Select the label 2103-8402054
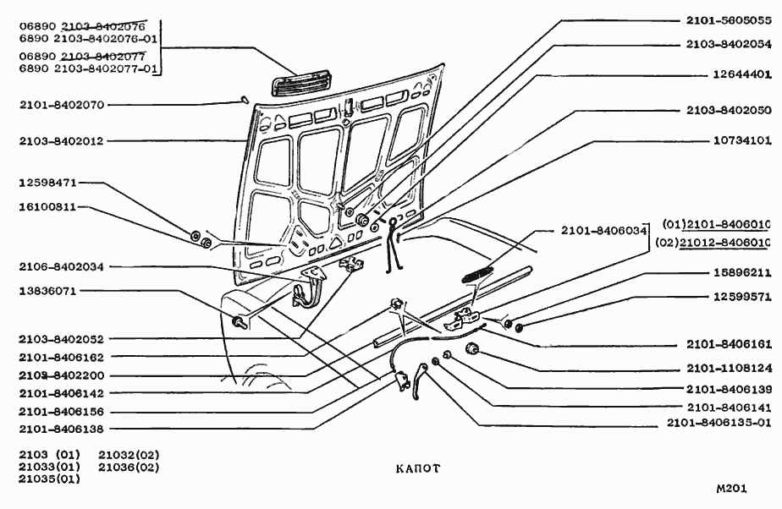click(x=728, y=43)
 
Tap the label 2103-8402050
click(x=728, y=110)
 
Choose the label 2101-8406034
click(x=603, y=230)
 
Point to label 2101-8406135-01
click(x=719, y=422)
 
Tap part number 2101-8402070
click(x=61, y=105)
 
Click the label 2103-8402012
click(x=61, y=141)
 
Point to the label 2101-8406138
click(x=61, y=430)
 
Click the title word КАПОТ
click(x=416, y=468)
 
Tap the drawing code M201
click(x=732, y=489)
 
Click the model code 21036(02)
click(x=129, y=467)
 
